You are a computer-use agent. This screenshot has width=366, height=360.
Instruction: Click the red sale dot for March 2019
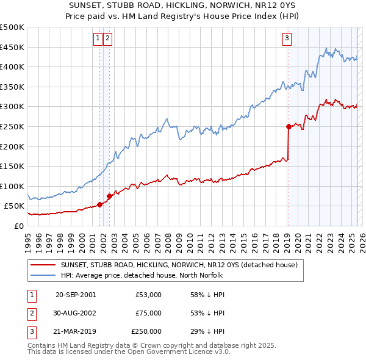pyautogui.click(x=289, y=126)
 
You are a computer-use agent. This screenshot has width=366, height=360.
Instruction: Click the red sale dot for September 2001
pyautogui.click(x=99, y=204)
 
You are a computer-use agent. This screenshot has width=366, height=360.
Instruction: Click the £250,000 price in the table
pyautogui.click(x=146, y=331)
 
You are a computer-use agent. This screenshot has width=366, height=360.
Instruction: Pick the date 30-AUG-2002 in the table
pyautogui.click(x=75, y=313)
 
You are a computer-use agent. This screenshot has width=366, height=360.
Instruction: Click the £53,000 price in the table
pyautogui.click(x=148, y=295)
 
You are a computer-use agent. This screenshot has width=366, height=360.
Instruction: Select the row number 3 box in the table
pyautogui.click(x=31, y=331)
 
